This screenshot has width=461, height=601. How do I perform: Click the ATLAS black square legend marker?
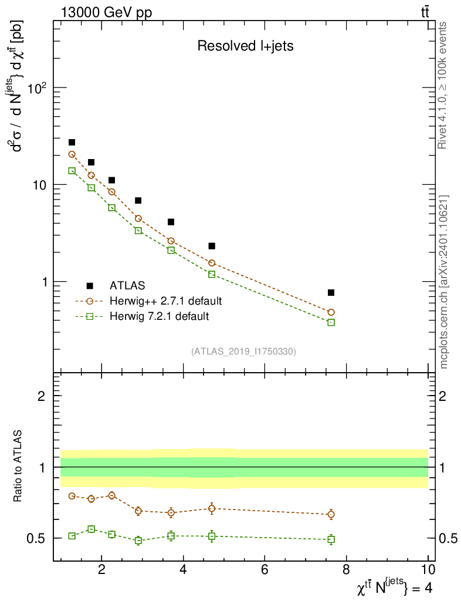pyautogui.click(x=90, y=286)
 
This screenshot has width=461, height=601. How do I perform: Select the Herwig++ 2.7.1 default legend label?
pyautogui.click(x=165, y=301)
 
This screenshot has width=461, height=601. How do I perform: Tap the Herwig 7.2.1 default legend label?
pyautogui.click(x=159, y=316)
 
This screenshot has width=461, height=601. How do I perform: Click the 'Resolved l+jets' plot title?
pyautogui.click(x=245, y=46)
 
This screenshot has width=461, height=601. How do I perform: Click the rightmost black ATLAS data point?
pyautogui.click(x=331, y=292)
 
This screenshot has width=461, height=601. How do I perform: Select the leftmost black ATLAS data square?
pyautogui.click(x=72, y=142)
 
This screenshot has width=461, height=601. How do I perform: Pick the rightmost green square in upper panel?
pyautogui.click(x=331, y=322)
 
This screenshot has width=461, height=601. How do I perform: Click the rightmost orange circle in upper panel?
pyautogui.click(x=331, y=312)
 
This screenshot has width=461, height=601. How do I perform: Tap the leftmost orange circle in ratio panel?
pyautogui.click(x=72, y=496)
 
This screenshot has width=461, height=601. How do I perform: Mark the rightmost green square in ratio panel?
pyautogui.click(x=331, y=539)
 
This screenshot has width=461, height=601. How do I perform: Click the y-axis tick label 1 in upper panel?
pyautogui.click(x=45, y=282)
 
